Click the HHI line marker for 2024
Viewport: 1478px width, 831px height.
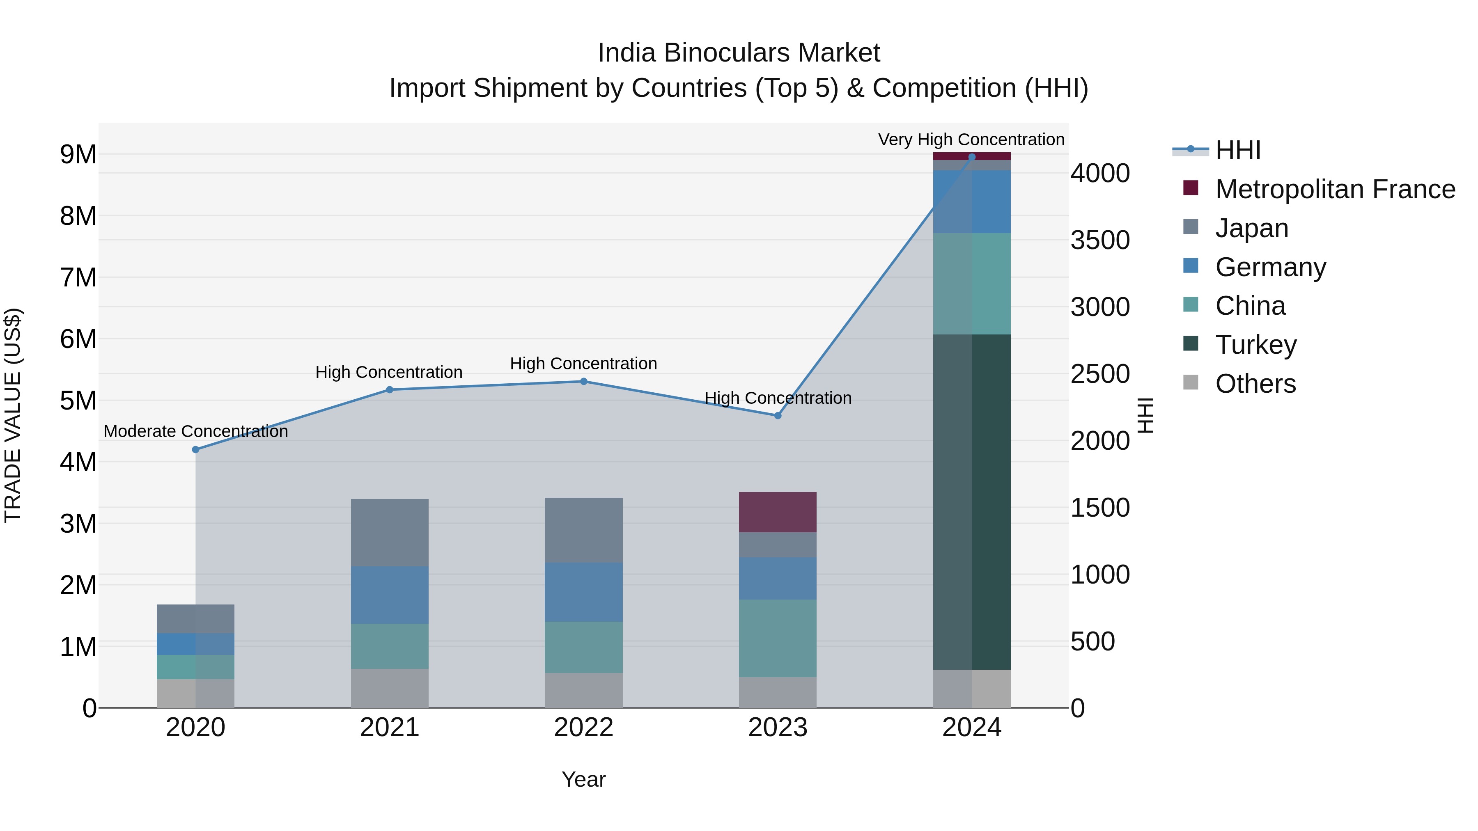coord(971,157)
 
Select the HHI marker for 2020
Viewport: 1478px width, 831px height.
coord(196,450)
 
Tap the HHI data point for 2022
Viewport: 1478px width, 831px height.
coord(583,381)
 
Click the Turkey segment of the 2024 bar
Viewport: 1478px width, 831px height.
coord(971,502)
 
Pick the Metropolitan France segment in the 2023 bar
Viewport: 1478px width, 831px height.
coord(778,512)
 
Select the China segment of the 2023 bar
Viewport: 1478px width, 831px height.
coord(778,638)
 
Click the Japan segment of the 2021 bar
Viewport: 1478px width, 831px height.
coord(390,533)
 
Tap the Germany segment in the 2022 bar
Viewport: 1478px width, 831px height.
coord(583,592)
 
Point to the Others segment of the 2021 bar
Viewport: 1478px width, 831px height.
coord(390,688)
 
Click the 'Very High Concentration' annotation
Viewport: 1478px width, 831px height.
coord(971,140)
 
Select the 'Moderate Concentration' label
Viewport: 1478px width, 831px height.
coord(196,431)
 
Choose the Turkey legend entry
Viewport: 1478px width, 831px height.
coord(1255,345)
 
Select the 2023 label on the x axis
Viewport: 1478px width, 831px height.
coord(778,728)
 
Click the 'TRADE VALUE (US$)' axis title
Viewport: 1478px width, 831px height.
coord(13,415)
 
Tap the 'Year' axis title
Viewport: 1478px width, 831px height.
coord(583,779)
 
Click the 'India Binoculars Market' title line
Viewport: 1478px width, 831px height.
coord(739,53)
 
